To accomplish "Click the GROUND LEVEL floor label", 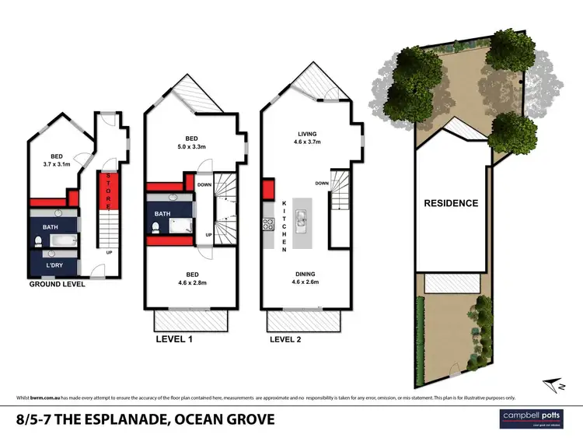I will pos(57,284).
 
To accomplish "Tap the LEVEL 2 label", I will pos(288,339).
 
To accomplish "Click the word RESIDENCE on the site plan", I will pos(450,203).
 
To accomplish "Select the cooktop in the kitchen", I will pos(269,226).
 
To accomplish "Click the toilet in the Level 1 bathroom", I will pos(157,228).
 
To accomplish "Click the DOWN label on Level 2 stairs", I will pos(320,184).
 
